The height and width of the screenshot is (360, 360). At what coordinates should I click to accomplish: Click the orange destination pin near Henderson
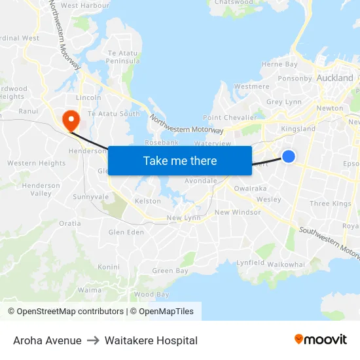pos(69,118)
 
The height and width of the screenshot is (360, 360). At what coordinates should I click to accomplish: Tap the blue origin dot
pos(288,156)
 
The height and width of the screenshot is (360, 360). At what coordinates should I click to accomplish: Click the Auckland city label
pos(334,78)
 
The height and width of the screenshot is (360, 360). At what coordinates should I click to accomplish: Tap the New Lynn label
pos(183,218)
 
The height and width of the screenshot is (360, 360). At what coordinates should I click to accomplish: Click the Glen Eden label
pos(126,232)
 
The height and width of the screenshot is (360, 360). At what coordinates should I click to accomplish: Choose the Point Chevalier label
pos(225,117)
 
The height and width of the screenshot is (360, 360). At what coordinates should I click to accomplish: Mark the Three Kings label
pos(331,204)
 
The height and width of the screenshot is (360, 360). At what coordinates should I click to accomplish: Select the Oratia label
pos(70,223)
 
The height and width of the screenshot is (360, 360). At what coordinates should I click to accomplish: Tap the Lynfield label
pos(250,262)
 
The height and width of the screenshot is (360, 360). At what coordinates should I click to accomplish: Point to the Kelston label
pos(147,201)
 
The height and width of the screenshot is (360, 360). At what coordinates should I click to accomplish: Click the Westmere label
pos(251,86)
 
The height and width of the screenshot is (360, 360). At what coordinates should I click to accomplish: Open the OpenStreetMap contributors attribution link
pos(66,312)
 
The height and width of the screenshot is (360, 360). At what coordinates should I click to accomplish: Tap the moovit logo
pos(321,339)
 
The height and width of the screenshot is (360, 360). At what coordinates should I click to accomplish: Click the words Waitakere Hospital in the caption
pos(151,340)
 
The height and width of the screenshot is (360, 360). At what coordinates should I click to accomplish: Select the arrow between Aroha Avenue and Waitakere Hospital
pos(93,340)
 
